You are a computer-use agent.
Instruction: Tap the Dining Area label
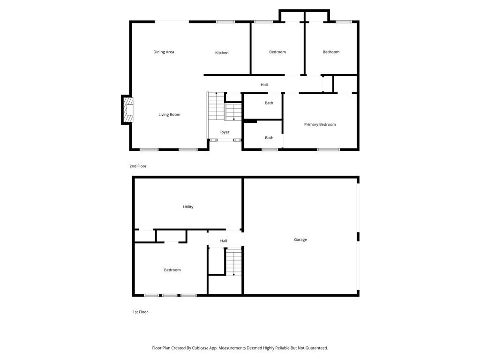pos(164,52)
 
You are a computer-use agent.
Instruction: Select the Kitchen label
pos(222,53)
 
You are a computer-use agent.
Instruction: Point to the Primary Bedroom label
pos(320,125)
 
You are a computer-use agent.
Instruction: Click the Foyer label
pos(225,132)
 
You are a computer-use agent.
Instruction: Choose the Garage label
pos(300,240)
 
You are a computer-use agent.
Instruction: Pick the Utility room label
pos(188,207)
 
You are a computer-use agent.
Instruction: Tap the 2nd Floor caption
pos(138,166)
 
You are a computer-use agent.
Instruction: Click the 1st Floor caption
pos(140,312)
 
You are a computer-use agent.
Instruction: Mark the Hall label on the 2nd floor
pos(264,85)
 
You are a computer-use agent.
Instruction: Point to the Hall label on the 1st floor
pos(224,241)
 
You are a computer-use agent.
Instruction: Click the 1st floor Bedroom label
pos(172,270)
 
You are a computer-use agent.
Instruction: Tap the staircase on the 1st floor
pos(233,262)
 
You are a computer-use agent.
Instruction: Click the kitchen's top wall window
pos(225,22)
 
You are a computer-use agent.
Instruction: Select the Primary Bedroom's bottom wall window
pos(329,150)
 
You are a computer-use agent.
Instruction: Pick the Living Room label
pos(169,115)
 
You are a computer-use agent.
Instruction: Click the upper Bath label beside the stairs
pos(269,103)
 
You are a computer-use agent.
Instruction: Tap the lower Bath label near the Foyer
pos(269,138)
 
